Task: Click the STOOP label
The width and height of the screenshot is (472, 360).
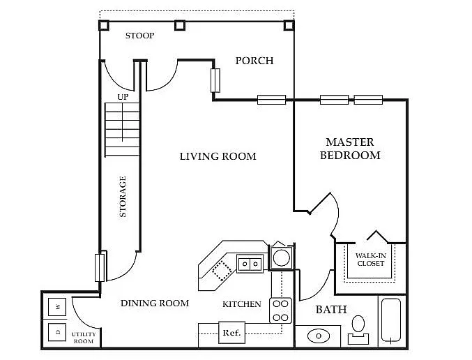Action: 139,36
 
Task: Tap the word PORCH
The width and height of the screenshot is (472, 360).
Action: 254,61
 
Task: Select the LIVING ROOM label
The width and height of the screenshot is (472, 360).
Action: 218,156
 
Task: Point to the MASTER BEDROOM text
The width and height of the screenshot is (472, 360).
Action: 350,149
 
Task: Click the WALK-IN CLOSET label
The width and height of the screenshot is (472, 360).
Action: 370,260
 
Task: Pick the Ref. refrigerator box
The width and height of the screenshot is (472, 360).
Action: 231,333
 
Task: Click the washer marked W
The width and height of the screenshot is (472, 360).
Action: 57,307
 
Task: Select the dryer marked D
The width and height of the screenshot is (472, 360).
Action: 57,332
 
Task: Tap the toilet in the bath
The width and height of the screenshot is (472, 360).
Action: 358,329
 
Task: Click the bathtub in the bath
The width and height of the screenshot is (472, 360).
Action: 391,320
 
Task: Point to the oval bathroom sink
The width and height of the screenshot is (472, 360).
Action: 319,336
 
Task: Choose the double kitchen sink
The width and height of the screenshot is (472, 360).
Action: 250,264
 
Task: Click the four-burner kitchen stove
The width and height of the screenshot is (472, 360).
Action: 280,310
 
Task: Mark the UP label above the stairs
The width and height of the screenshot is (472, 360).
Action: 123,97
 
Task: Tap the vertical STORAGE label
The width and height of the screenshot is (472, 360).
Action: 123,197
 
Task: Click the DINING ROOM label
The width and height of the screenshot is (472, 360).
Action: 155,303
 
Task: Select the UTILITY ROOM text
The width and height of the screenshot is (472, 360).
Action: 84,338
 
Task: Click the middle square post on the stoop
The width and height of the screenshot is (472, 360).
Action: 180,25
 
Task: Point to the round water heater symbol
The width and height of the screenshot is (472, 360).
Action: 282,258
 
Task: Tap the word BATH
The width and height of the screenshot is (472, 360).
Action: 331,310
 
